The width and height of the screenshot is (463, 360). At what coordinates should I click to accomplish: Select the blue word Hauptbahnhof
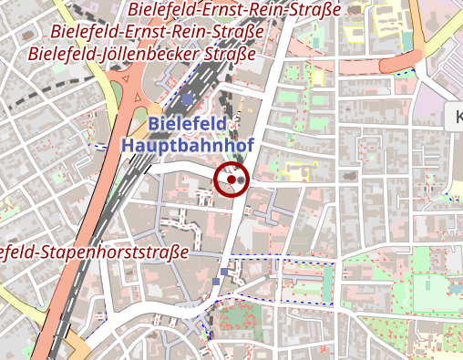186,144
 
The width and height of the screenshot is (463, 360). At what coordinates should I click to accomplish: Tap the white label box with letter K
456,116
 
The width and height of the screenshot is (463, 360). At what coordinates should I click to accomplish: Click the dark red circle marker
231,180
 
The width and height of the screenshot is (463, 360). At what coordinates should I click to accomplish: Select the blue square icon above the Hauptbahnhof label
188,98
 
